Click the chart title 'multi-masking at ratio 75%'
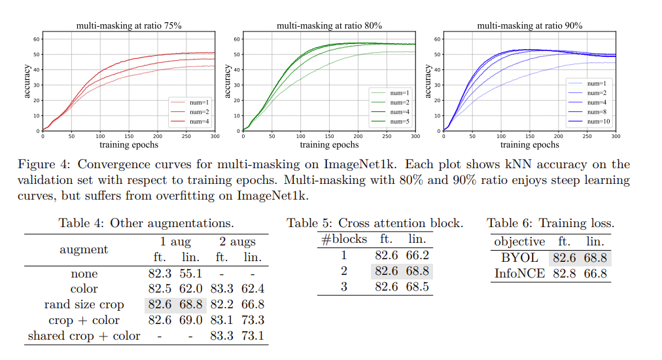point(128,26)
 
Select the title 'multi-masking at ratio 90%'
point(529,26)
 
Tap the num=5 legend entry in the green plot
point(398,122)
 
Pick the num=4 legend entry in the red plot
point(198,122)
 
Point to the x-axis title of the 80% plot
point(329,145)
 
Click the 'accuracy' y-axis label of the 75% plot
point(27,81)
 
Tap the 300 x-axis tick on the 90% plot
point(616,137)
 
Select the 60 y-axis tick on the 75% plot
point(37,39)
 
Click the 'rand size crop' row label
point(84,304)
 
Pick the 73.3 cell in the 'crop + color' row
point(253,320)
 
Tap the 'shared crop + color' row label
point(84,336)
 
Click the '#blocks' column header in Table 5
point(344,240)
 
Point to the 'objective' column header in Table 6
point(519,242)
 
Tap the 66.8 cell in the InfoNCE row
point(595,274)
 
